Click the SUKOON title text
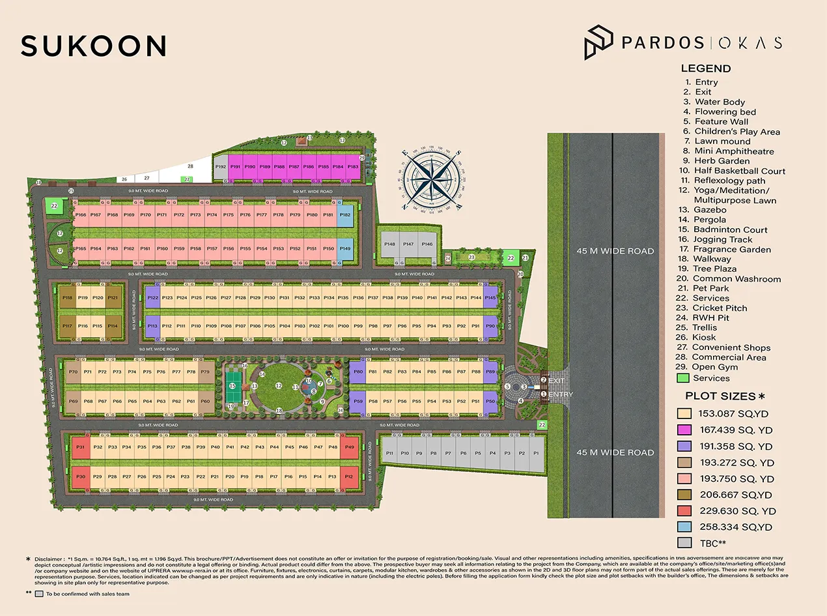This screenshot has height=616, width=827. (94, 46)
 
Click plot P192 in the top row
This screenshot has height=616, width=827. (221, 167)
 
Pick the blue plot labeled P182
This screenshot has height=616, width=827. (345, 214)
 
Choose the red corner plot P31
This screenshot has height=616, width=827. (81, 447)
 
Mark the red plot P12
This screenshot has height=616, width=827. (349, 477)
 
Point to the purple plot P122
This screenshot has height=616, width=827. (152, 298)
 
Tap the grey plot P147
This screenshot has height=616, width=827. (408, 244)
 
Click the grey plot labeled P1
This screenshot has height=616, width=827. (537, 453)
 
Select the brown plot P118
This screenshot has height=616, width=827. (68, 298)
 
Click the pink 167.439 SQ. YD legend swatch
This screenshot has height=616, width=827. (684, 430)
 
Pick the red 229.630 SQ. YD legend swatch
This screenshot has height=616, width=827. (684, 510)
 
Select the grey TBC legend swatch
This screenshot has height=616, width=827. (684, 542)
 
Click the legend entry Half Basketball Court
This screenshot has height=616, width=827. (739, 171)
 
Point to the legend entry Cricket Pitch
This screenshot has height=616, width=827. (720, 308)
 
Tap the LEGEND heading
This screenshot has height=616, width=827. (705, 68)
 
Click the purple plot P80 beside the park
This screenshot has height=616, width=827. (357, 372)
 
